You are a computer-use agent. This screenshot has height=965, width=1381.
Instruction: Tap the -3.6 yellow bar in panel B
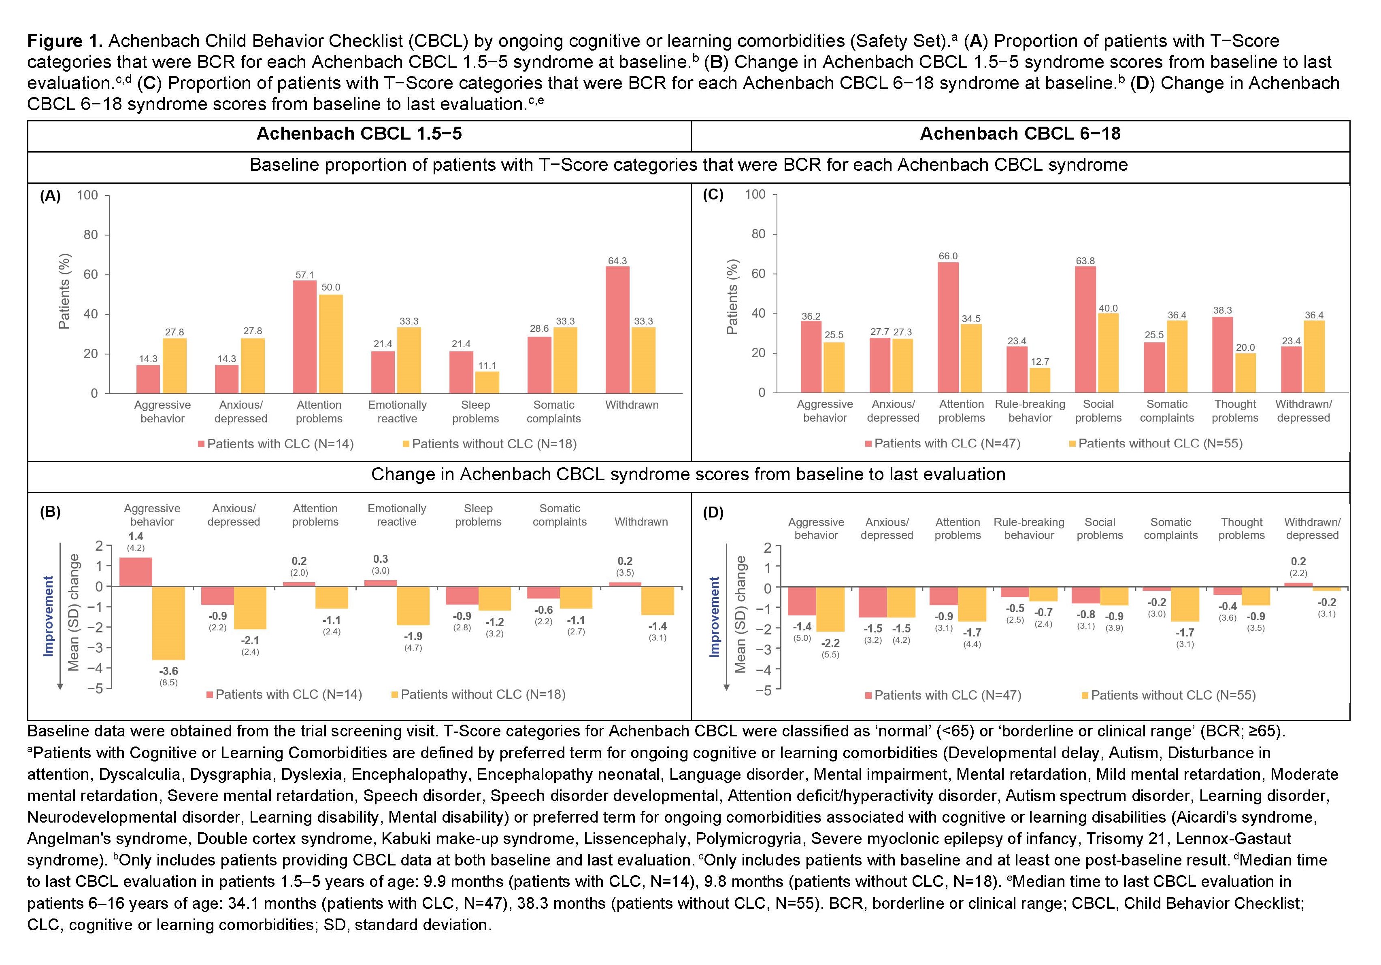point(168,623)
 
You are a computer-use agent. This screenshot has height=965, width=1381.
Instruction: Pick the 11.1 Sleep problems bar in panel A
point(487,382)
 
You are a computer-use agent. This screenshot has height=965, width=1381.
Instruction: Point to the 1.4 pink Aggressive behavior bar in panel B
point(136,572)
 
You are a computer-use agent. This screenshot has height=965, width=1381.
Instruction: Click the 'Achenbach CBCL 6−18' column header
point(1020,134)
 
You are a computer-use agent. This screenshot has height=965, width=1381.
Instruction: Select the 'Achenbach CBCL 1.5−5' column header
point(359,134)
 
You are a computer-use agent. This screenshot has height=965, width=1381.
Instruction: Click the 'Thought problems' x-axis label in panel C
point(1235,411)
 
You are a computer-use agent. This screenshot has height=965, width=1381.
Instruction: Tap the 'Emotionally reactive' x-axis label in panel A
point(397,412)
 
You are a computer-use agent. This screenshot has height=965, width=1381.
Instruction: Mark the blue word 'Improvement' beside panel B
point(49,616)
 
